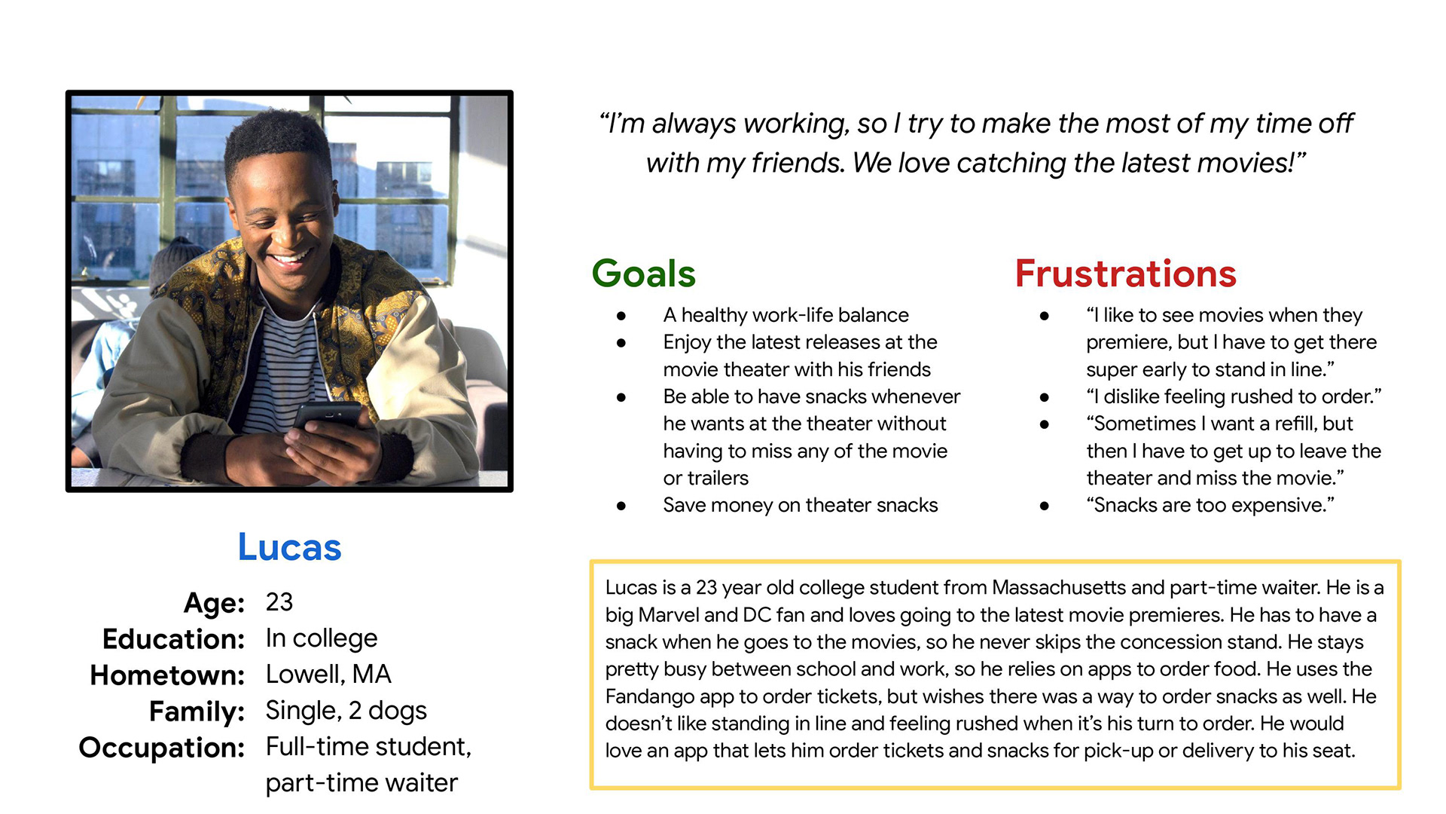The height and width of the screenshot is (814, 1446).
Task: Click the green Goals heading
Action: pyautogui.click(x=644, y=274)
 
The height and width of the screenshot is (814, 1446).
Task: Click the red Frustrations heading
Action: pyautogui.click(x=1126, y=274)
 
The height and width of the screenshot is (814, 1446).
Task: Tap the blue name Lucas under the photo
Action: pyautogui.click(x=289, y=547)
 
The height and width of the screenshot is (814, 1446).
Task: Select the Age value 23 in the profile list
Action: pyautogui.click(x=279, y=602)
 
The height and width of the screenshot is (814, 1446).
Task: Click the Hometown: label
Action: pyautogui.click(x=167, y=675)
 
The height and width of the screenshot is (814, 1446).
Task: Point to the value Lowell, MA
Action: pyautogui.click(x=328, y=675)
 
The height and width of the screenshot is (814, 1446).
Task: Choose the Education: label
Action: pyautogui.click(x=174, y=639)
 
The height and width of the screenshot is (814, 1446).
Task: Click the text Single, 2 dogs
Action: pyautogui.click(x=346, y=711)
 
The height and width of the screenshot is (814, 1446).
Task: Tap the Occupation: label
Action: pyautogui.click(x=162, y=748)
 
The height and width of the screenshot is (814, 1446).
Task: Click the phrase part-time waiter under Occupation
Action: pyautogui.click(x=361, y=783)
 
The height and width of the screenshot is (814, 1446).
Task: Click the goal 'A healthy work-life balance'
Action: pyautogui.click(x=786, y=315)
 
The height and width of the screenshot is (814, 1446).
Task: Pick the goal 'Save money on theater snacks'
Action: pyautogui.click(x=801, y=505)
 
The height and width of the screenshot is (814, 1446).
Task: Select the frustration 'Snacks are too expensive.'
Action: pyautogui.click(x=1210, y=505)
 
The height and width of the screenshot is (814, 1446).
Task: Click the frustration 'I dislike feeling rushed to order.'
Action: pyautogui.click(x=1234, y=396)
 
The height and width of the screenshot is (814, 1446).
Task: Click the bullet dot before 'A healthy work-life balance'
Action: pyautogui.click(x=621, y=316)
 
